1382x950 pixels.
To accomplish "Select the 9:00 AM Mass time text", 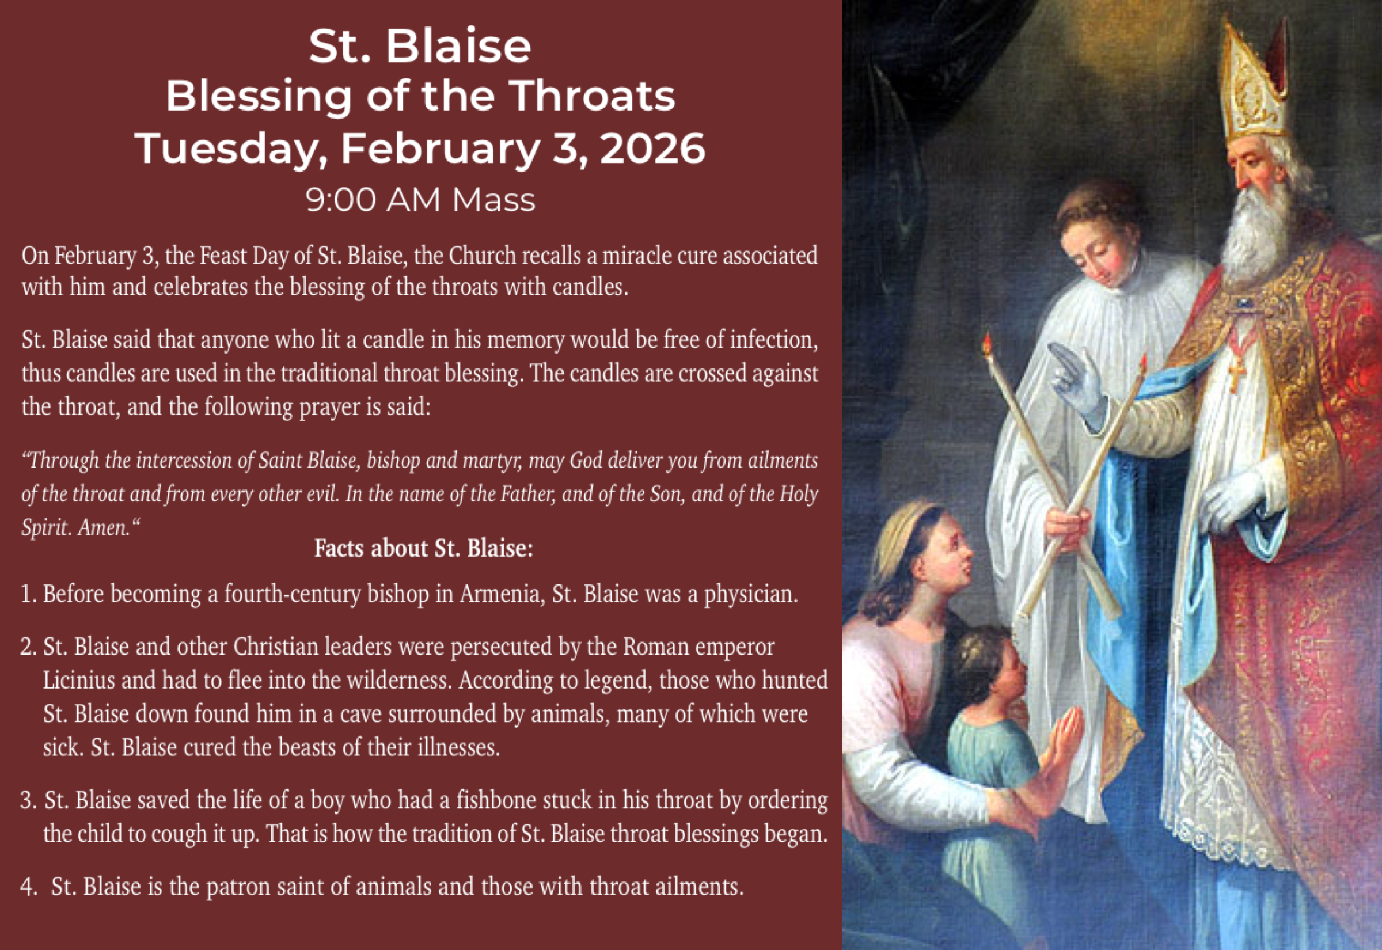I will [x=420, y=200].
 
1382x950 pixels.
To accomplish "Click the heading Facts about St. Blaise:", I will [x=423, y=548].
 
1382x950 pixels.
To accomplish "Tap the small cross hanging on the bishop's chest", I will [x=1237, y=373].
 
